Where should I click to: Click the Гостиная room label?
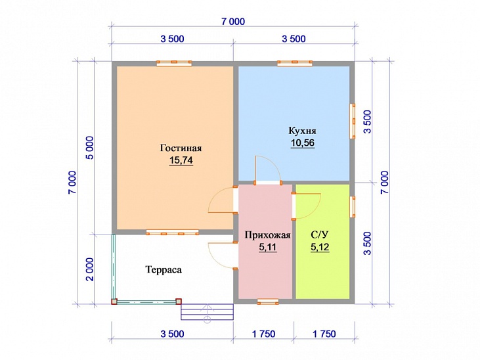pyautogui.click(x=181, y=148)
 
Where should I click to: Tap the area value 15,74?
pyautogui.click(x=181, y=160)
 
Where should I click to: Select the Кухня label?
pyautogui.click(x=303, y=131)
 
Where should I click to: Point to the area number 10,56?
pyautogui.click(x=303, y=143)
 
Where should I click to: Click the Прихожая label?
pyautogui.click(x=267, y=235)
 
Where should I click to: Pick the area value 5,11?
pyautogui.click(x=267, y=247)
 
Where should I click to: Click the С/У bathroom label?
pyautogui.click(x=320, y=235)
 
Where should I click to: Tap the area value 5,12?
pyautogui.click(x=320, y=247)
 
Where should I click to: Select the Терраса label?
pyautogui.click(x=163, y=270)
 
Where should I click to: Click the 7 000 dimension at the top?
pyautogui.click(x=233, y=22)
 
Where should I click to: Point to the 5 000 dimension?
pyautogui.click(x=91, y=148)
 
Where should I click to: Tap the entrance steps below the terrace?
pyautogui.click(x=207, y=312)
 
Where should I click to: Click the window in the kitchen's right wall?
pyautogui.click(x=353, y=121)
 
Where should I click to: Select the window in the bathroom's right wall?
pyautogui.click(x=353, y=207)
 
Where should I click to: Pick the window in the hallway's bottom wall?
pyautogui.click(x=268, y=302)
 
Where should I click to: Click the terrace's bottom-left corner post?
pyautogui.click(x=114, y=302)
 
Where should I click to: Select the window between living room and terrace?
pyautogui.click(x=172, y=233)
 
